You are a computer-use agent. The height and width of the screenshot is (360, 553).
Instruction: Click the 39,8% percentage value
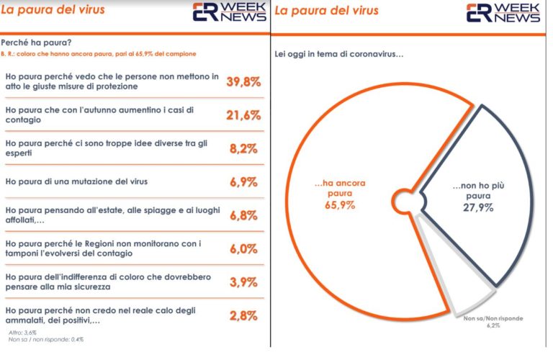tap(243, 81)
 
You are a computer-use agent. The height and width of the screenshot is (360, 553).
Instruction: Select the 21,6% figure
tap(243, 114)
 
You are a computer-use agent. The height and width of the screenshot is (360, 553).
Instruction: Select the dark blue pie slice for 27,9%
tap(482, 180)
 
